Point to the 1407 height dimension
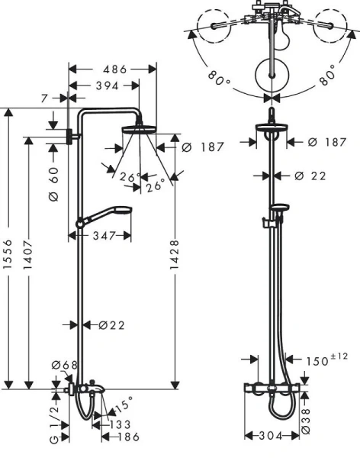(31, 259)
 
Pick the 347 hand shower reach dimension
(105, 237)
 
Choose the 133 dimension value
(118, 424)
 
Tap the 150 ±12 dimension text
(315, 359)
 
